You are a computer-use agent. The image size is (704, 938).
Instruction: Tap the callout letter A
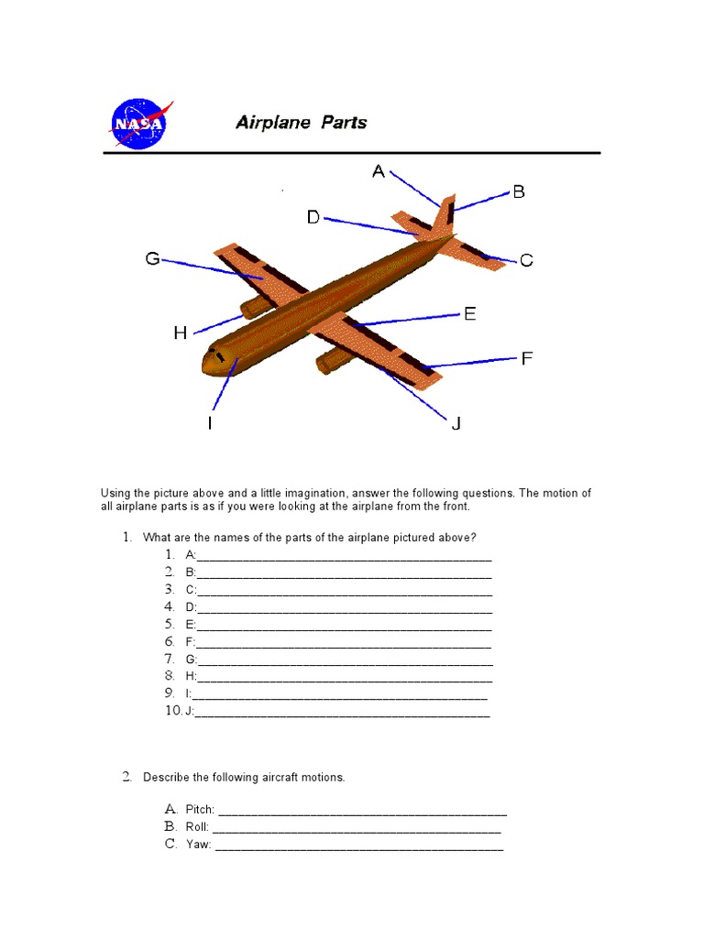click(378, 171)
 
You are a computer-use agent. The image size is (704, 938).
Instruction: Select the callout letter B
click(518, 191)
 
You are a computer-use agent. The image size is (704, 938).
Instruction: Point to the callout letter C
click(526, 261)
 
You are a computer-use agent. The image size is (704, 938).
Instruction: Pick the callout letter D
click(313, 217)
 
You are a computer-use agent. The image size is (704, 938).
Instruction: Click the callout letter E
click(469, 313)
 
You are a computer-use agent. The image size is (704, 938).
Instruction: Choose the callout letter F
click(527, 358)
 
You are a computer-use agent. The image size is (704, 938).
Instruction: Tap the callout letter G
click(153, 259)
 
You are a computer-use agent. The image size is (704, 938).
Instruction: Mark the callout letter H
click(181, 333)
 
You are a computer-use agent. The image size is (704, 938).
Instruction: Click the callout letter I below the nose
click(210, 423)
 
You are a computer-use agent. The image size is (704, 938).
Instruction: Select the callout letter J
click(456, 423)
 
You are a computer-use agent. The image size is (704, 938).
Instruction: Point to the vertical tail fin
click(445, 213)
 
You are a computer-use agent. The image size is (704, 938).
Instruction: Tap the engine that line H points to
click(252, 307)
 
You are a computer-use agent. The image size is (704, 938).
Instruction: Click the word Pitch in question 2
click(199, 810)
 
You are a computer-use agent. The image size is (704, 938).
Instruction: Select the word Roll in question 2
click(196, 827)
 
